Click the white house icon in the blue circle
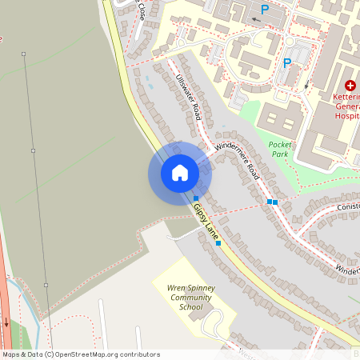click(x=180, y=173)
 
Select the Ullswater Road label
click(x=187, y=96)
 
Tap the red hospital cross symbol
click(x=350, y=85)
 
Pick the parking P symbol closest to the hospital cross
click(x=286, y=63)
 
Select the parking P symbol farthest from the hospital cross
click(x=264, y=10)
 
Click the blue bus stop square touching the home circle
click(x=196, y=198)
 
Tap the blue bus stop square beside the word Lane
click(x=218, y=243)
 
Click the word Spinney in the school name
click(x=197, y=287)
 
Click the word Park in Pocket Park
click(x=279, y=153)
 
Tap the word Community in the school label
click(x=190, y=297)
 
